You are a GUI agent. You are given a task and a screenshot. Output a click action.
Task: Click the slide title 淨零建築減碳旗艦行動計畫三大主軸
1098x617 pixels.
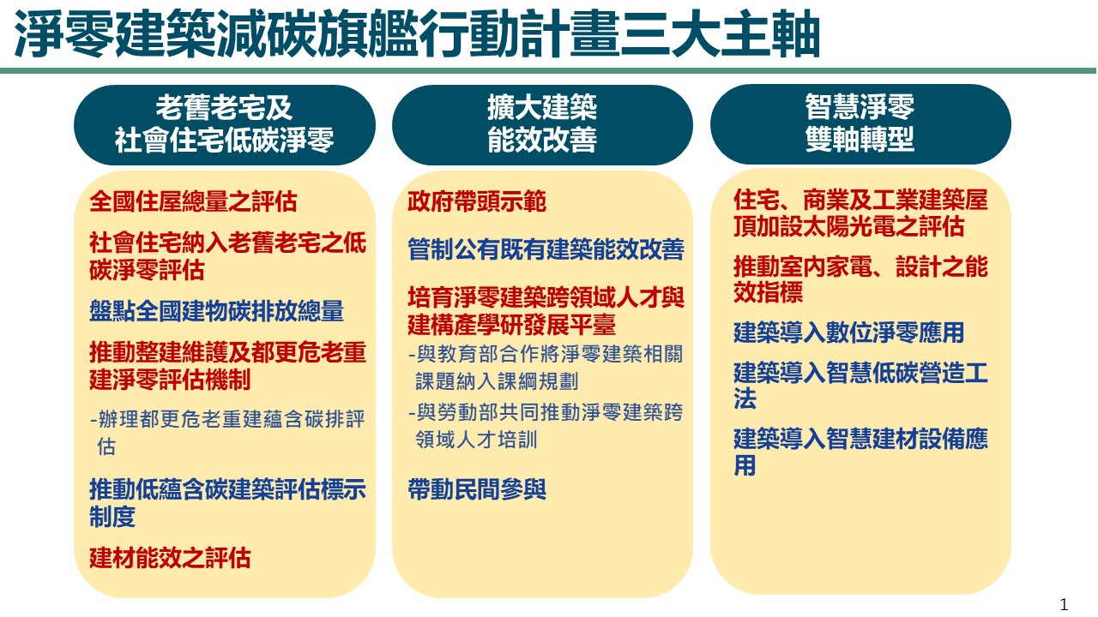pyautogui.click(x=417, y=34)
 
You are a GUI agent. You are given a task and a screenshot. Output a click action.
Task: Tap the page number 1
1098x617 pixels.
pyautogui.click(x=1063, y=604)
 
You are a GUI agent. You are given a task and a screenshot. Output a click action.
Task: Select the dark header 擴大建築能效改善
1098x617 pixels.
pyautogui.click(x=542, y=124)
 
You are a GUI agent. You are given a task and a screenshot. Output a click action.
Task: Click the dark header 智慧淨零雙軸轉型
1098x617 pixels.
pyautogui.click(x=860, y=124)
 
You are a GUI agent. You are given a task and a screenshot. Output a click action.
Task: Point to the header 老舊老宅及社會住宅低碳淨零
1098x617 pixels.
pyautogui.click(x=225, y=124)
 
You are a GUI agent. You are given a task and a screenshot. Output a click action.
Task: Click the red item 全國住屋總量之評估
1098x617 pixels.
pyautogui.click(x=193, y=201)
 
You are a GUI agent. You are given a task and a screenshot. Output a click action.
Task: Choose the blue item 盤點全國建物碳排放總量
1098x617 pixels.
pyautogui.click(x=217, y=310)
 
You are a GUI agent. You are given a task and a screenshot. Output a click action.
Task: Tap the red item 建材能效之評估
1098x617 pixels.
pyautogui.click(x=170, y=558)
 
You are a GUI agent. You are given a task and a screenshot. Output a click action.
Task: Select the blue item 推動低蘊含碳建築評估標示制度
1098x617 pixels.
pyautogui.click(x=227, y=502)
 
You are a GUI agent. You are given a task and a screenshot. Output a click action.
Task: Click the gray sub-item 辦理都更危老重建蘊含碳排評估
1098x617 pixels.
pyautogui.click(x=227, y=433)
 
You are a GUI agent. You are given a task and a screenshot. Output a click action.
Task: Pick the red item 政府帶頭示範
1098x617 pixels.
pyautogui.click(x=476, y=201)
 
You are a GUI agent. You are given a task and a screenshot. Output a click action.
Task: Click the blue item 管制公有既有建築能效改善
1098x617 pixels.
pyautogui.click(x=546, y=249)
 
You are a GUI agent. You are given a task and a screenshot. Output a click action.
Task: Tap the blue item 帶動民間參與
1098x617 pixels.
pyautogui.click(x=476, y=489)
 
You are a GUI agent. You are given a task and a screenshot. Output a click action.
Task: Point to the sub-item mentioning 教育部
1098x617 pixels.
pyautogui.click(x=545, y=368)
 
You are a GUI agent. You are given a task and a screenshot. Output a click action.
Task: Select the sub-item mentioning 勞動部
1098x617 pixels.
pyautogui.click(x=545, y=426)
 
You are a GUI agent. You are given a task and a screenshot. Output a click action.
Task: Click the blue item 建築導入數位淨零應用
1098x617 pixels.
pyautogui.click(x=848, y=332)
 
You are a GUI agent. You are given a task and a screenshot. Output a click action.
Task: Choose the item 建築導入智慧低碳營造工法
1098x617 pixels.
pyautogui.click(x=860, y=386)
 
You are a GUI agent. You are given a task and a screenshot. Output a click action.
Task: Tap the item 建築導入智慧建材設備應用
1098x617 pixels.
pyautogui.click(x=860, y=452)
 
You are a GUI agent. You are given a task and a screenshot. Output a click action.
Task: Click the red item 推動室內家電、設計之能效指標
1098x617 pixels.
pyautogui.click(x=860, y=279)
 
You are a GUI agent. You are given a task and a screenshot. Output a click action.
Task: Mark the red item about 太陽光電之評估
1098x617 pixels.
pyautogui.click(x=860, y=213)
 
